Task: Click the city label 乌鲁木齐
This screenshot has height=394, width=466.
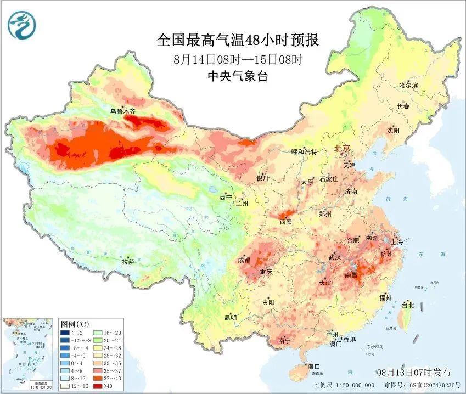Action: point(122,111)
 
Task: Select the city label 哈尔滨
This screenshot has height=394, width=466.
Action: point(408,86)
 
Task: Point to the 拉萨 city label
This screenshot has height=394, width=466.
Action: point(128,262)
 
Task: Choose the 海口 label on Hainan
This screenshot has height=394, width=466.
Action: point(314,366)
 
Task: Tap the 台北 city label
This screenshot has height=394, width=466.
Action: point(408,305)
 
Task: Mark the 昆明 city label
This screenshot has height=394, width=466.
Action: point(230,318)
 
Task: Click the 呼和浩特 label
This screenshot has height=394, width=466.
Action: point(304,152)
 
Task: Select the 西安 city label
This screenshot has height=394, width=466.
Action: point(286,222)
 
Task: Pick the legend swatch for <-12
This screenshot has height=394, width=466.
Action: point(65,333)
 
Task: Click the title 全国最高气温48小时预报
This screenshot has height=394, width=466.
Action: point(238,40)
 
